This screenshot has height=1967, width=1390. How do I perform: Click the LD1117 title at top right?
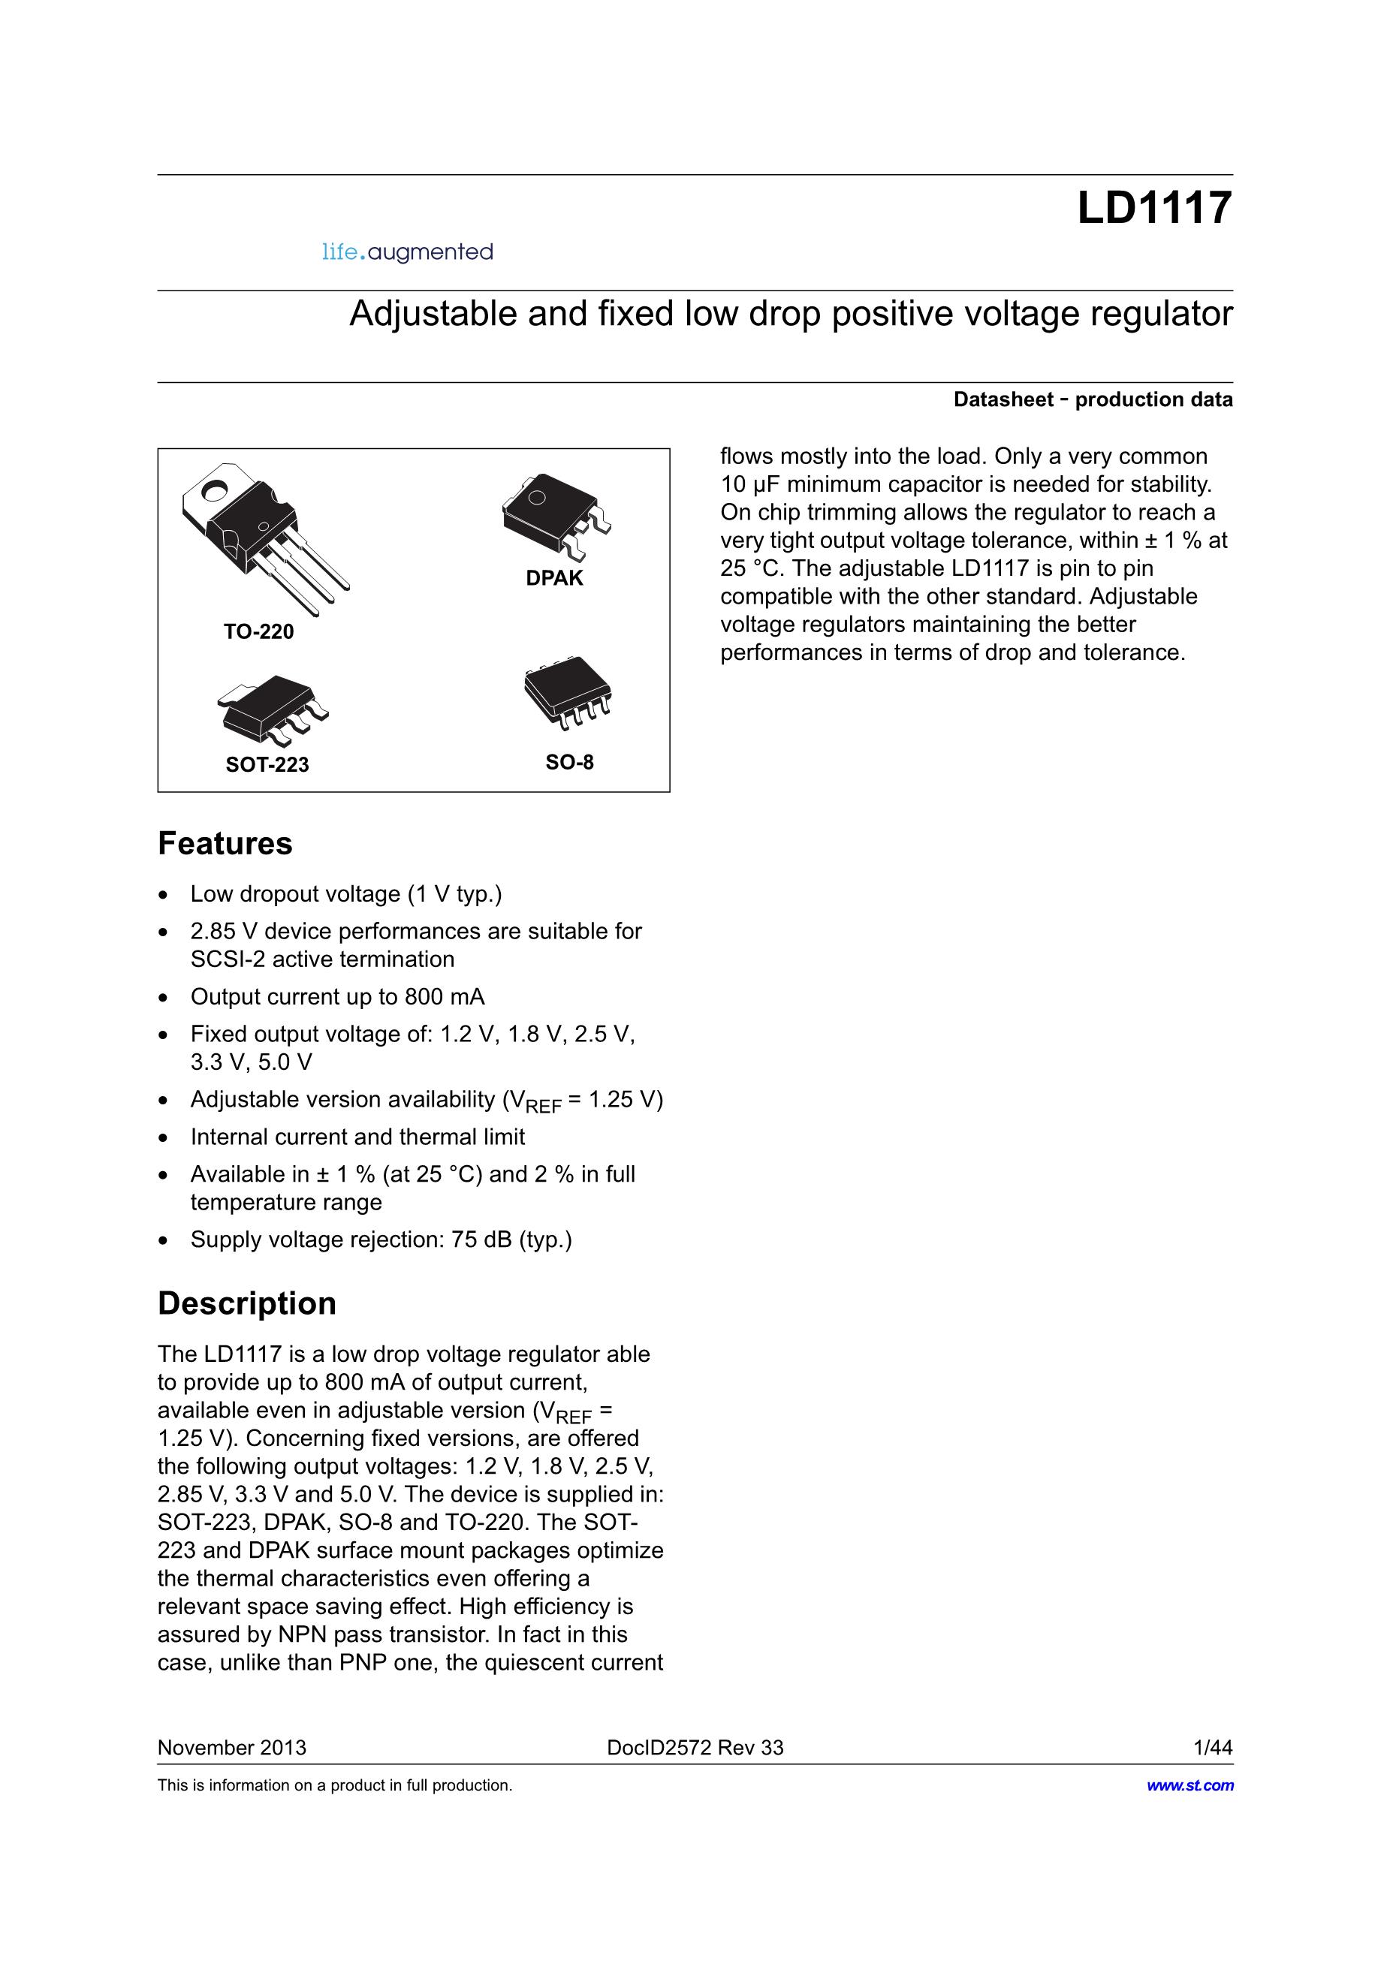click(x=1153, y=208)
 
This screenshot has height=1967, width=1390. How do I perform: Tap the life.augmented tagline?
click(x=407, y=252)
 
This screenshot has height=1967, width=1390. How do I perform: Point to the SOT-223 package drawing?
click(x=273, y=708)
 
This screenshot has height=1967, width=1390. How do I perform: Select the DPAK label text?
click(x=554, y=578)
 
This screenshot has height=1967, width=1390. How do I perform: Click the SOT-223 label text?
click(x=267, y=764)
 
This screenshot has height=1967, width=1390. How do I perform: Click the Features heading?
click(x=225, y=844)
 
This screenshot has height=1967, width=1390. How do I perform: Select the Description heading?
click(x=247, y=1304)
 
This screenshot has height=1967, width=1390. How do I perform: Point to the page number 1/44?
click(x=1213, y=1748)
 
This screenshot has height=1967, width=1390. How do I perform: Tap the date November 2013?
click(x=231, y=1748)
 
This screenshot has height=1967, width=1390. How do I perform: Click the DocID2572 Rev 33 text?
click(x=695, y=1748)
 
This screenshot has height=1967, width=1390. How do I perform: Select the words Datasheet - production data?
click(x=1093, y=399)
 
